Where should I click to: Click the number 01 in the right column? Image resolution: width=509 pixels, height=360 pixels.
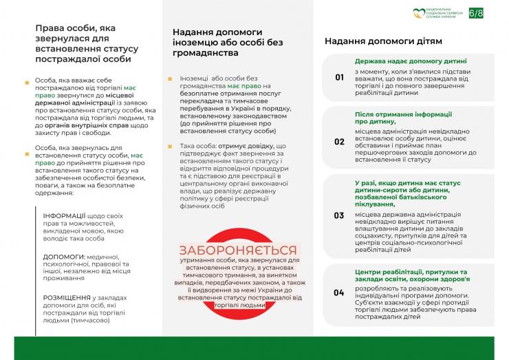[339, 78]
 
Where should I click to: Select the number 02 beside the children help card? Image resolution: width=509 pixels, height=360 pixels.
[339, 142]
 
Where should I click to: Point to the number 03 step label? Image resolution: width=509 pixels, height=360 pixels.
[339, 215]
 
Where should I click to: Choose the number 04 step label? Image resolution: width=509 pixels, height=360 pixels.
[339, 293]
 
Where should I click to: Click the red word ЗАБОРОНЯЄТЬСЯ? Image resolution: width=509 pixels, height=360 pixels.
[238, 251]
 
